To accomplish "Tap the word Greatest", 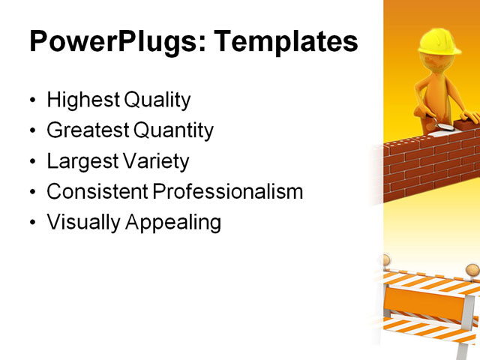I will click(x=87, y=130).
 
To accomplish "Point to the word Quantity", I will click(x=173, y=130).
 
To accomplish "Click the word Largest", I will click(x=81, y=161).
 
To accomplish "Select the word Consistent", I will click(x=97, y=192).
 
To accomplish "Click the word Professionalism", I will click(x=228, y=192).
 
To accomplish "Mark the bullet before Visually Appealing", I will click(x=31, y=223).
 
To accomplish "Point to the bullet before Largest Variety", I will click(x=31, y=162).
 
